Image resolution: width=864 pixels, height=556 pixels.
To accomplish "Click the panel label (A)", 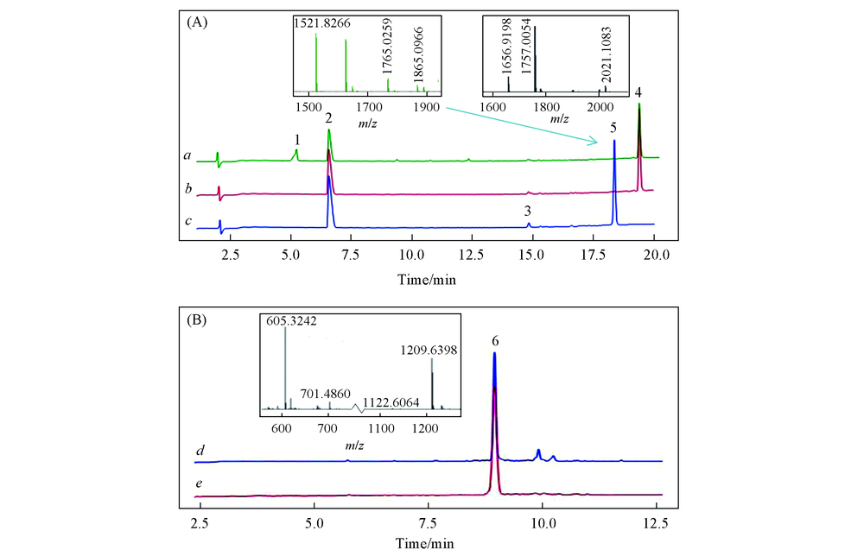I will (x=197, y=22).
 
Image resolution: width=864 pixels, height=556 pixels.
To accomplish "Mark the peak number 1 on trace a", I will (x=296, y=140).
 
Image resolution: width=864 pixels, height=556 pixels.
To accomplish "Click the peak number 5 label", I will (x=613, y=128).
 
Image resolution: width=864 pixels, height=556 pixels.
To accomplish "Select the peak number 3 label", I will (x=529, y=212).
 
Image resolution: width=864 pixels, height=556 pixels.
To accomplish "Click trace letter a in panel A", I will (x=187, y=156).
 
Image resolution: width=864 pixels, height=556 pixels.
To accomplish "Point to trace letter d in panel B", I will (x=200, y=451).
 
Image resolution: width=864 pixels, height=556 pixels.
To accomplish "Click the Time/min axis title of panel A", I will (x=427, y=278).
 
